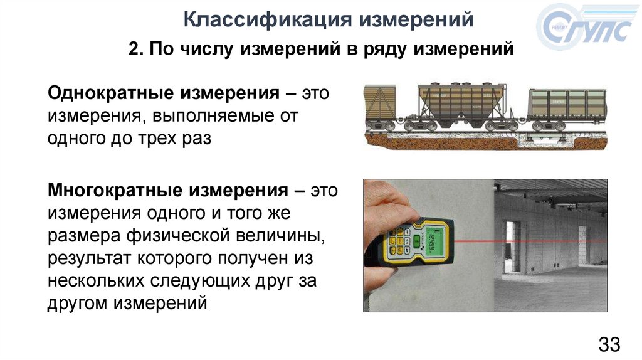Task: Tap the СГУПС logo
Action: coord(585,26)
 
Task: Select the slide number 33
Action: coord(609,344)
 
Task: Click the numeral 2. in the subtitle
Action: coord(136,49)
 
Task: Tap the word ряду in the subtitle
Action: coord(384,50)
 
